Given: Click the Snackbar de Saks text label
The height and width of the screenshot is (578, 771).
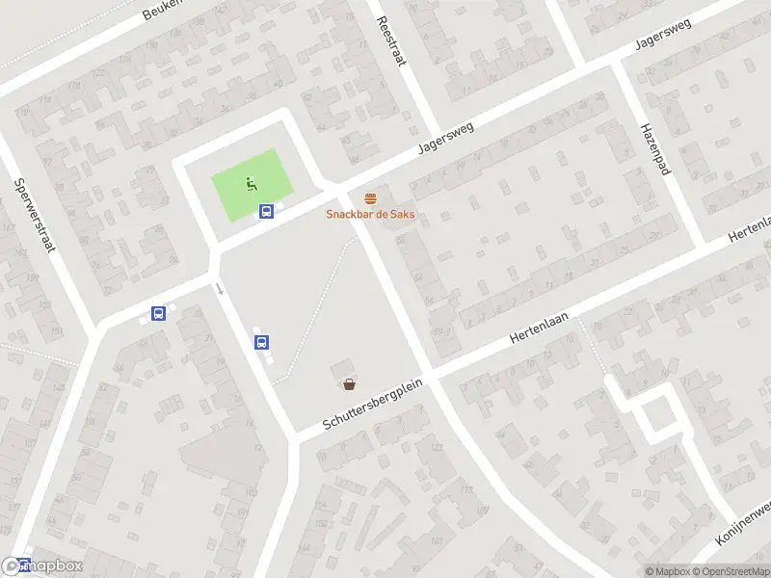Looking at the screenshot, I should tap(370, 214).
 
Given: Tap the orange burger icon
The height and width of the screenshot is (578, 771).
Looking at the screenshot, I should tap(370, 198).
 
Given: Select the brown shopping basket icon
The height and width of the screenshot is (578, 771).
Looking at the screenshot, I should tap(349, 383).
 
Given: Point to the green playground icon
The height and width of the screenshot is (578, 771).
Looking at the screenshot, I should tap(251, 182).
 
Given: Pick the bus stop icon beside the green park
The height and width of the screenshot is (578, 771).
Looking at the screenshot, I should tap(267, 212).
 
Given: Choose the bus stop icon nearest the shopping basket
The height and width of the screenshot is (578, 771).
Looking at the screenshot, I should tap(261, 341).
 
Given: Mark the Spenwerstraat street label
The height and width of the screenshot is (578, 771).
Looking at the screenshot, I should tap(34, 215).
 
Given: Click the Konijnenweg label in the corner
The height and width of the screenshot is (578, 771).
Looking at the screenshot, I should tap(743, 523).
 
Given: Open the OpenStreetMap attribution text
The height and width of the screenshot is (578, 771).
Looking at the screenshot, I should tap(730, 572).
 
